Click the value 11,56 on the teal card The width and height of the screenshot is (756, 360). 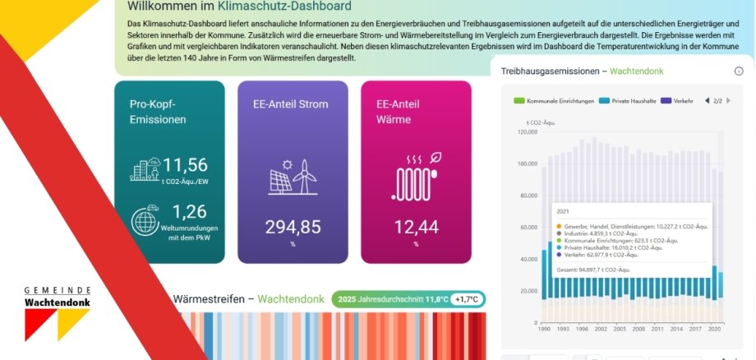point(185,165)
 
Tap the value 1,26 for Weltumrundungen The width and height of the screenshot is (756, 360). point(184,212)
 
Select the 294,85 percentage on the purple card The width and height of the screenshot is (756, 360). point(293,227)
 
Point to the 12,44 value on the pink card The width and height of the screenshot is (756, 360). point(416,227)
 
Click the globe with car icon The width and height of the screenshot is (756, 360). point(146,221)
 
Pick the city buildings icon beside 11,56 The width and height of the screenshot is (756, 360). point(145,168)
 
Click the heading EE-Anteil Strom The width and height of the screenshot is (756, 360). point(291,104)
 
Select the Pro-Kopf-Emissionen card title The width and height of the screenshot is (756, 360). point(158,112)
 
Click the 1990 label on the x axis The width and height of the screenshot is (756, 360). point(544,328)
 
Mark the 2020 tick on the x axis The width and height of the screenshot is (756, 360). point(714,328)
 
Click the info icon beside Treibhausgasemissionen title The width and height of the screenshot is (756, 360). point(738,72)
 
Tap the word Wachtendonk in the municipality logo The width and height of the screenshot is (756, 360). point(58,302)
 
